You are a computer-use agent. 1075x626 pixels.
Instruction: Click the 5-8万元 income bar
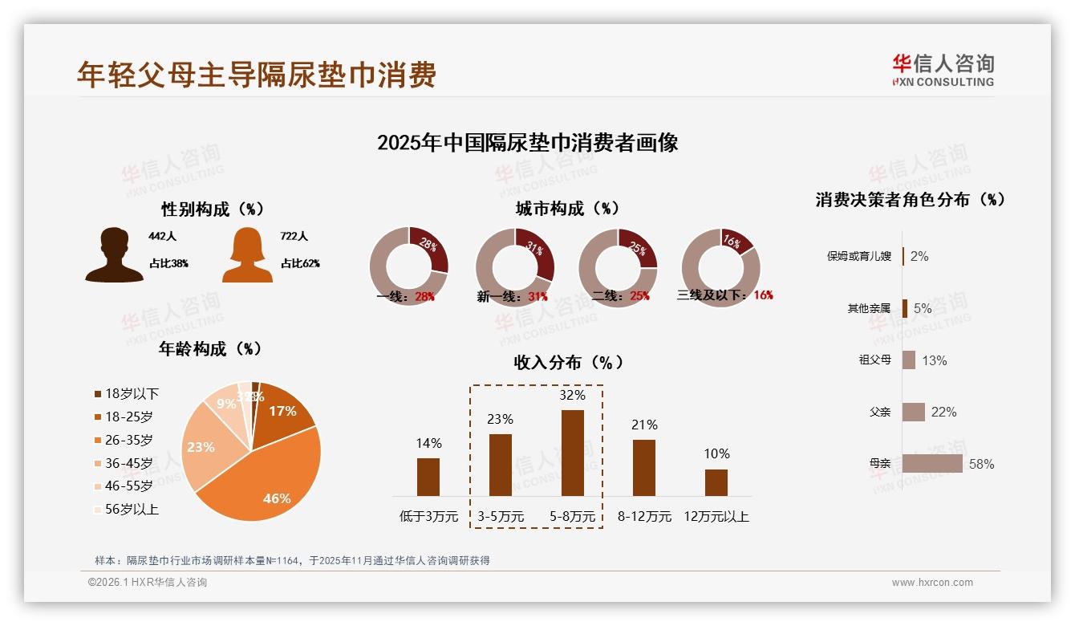(572, 453)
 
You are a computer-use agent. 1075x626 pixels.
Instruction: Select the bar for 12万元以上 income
(716, 482)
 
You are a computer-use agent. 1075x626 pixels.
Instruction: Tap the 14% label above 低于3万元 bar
(428, 443)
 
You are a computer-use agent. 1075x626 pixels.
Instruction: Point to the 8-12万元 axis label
(644, 517)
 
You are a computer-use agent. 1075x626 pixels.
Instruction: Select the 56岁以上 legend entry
(126, 509)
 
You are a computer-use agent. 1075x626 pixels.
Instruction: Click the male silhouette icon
(114, 254)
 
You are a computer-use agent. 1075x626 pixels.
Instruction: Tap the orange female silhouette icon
(247, 254)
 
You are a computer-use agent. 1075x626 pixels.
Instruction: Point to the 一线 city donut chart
(408, 266)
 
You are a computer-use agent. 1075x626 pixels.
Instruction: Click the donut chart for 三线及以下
(720, 266)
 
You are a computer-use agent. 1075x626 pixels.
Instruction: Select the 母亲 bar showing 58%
(932, 463)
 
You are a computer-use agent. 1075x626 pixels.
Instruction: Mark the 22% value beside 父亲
(943, 412)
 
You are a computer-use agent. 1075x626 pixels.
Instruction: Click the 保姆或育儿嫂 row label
(858, 257)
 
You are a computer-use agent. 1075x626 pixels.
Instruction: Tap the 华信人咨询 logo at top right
(943, 70)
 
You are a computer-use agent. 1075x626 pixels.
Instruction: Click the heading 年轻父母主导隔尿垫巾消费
(257, 74)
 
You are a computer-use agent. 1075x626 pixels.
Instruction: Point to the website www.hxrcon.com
(932, 583)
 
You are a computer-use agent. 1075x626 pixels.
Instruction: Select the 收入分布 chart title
(569, 363)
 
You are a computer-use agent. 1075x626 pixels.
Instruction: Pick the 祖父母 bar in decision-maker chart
(909, 360)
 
